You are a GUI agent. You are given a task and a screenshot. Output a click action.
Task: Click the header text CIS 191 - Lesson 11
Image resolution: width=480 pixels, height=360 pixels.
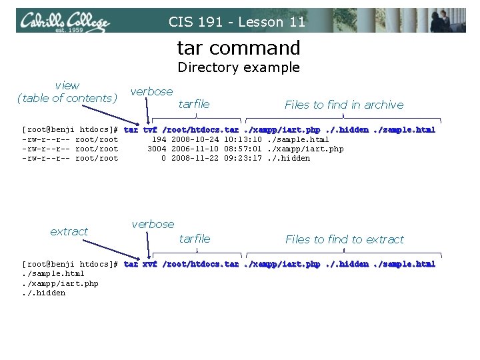click(237, 21)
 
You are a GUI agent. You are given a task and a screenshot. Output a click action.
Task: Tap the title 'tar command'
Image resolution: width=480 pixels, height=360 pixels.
click(239, 48)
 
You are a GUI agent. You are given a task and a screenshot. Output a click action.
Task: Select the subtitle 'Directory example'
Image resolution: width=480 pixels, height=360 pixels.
click(239, 67)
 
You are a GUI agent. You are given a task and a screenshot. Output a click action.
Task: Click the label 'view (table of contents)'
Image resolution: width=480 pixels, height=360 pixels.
click(67, 92)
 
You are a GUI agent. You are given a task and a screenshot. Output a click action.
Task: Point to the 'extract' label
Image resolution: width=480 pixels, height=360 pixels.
click(69, 232)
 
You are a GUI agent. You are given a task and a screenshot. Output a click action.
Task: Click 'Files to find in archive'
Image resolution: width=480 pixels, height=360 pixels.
click(344, 105)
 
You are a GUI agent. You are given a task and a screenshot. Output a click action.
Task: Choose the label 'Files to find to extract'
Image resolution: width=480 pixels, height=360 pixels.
click(345, 239)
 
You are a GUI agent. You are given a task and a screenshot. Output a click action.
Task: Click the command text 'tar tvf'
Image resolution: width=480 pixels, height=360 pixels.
click(141, 130)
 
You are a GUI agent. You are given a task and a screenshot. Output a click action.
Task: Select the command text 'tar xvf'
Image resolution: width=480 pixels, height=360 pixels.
click(141, 265)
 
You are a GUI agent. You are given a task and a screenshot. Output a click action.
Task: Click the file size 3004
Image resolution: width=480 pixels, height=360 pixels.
click(157, 149)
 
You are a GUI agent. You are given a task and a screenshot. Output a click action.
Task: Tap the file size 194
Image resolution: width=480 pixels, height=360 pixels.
click(159, 139)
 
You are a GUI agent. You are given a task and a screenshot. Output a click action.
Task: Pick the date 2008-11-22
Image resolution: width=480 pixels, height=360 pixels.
click(195, 158)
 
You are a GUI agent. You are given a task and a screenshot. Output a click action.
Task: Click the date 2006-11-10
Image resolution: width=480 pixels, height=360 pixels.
click(195, 149)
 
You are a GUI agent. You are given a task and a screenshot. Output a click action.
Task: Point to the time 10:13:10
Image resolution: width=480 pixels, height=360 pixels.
click(243, 139)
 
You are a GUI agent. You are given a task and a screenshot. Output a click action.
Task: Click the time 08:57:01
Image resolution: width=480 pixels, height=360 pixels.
click(243, 149)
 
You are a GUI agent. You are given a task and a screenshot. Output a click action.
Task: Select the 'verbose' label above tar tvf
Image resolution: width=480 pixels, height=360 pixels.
click(151, 91)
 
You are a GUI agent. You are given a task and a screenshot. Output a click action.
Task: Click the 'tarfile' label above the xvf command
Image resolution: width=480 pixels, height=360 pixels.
click(195, 239)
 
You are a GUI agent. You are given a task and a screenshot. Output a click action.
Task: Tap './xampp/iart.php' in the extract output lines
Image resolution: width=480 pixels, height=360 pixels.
click(60, 283)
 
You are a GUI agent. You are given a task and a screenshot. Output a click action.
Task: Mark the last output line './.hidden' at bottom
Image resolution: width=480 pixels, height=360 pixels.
click(43, 293)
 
